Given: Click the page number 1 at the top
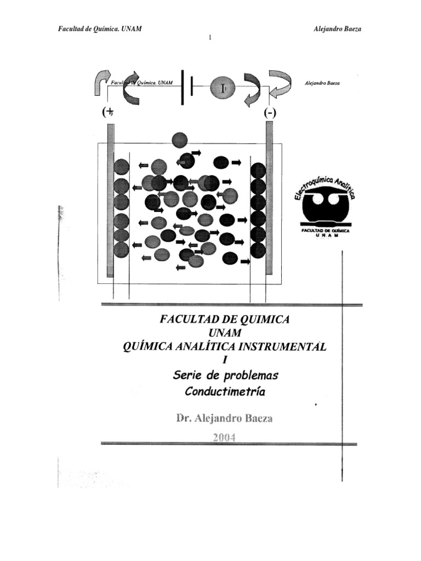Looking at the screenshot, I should [x=210, y=37].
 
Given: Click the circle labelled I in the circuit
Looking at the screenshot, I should [x=222, y=88].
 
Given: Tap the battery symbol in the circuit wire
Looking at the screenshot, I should [x=186, y=88].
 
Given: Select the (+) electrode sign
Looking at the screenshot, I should [x=108, y=112].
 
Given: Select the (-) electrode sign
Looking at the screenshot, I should [x=270, y=113].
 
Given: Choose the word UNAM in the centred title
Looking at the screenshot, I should [x=224, y=332].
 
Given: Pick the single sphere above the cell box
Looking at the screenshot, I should [x=179, y=140].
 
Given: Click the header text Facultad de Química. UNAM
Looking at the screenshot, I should [x=100, y=28].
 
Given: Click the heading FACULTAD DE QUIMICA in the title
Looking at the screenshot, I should [x=224, y=319].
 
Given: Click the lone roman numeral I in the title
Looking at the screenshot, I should [x=224, y=360].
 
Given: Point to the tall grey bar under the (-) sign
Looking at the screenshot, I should [x=269, y=197].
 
